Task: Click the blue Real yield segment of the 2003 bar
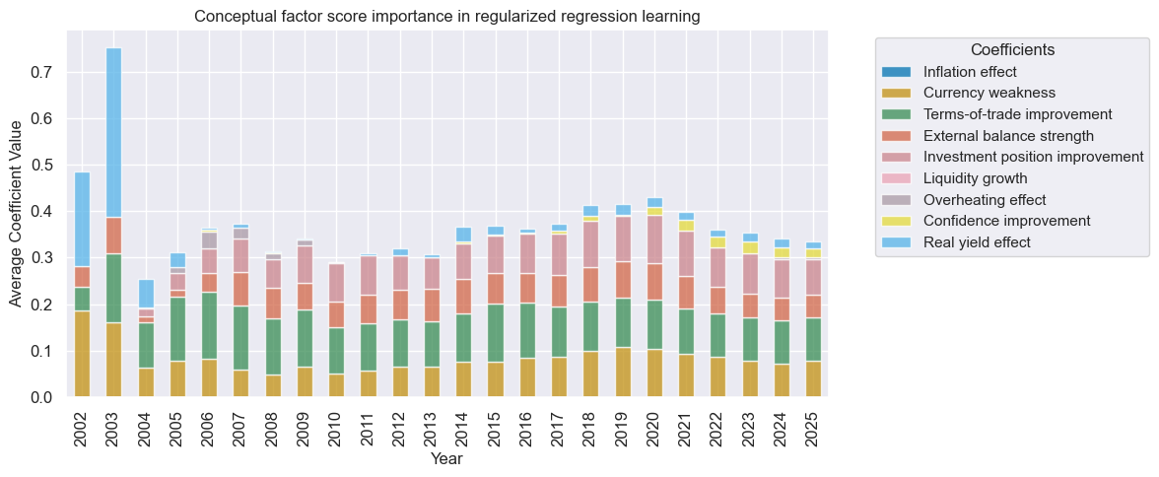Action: (113, 132)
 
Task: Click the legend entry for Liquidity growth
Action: (976, 178)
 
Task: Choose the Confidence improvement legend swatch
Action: (898, 221)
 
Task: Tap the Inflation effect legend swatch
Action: (898, 72)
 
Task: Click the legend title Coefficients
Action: (1013, 49)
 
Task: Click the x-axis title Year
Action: (446, 459)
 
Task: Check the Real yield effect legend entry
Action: (977, 242)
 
